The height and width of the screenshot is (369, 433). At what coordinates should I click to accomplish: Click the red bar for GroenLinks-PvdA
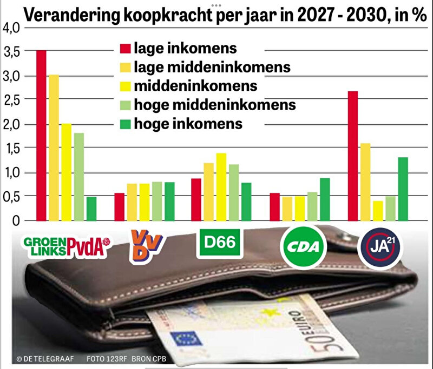[41, 135]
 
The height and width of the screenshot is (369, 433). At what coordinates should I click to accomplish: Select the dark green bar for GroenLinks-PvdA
[91, 209]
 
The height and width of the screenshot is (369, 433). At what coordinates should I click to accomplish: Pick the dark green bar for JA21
[402, 189]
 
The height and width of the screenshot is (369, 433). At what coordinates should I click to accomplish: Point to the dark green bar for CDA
[325, 199]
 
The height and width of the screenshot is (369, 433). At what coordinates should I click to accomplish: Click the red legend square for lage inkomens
[124, 49]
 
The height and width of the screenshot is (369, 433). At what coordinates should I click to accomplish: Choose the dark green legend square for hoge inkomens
[124, 123]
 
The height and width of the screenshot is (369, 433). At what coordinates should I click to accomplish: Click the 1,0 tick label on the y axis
[10, 173]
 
